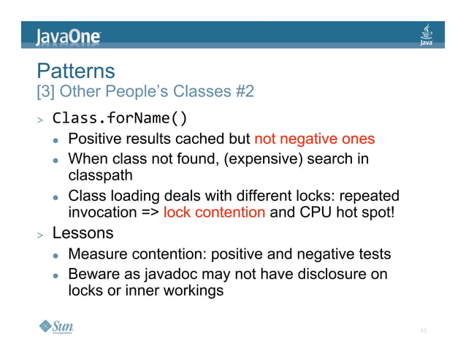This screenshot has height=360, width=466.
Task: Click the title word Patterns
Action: coord(76,71)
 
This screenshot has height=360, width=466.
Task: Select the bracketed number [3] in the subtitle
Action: coord(45,93)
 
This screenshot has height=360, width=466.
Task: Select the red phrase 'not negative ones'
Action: coord(314,139)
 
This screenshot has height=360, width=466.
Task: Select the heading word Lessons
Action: coord(83,234)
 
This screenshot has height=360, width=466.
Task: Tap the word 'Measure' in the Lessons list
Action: coord(98,254)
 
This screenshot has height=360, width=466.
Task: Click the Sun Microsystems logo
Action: coord(56,327)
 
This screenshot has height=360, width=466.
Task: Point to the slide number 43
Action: coord(423,331)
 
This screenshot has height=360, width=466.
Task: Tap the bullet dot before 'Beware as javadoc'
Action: coord(54,276)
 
